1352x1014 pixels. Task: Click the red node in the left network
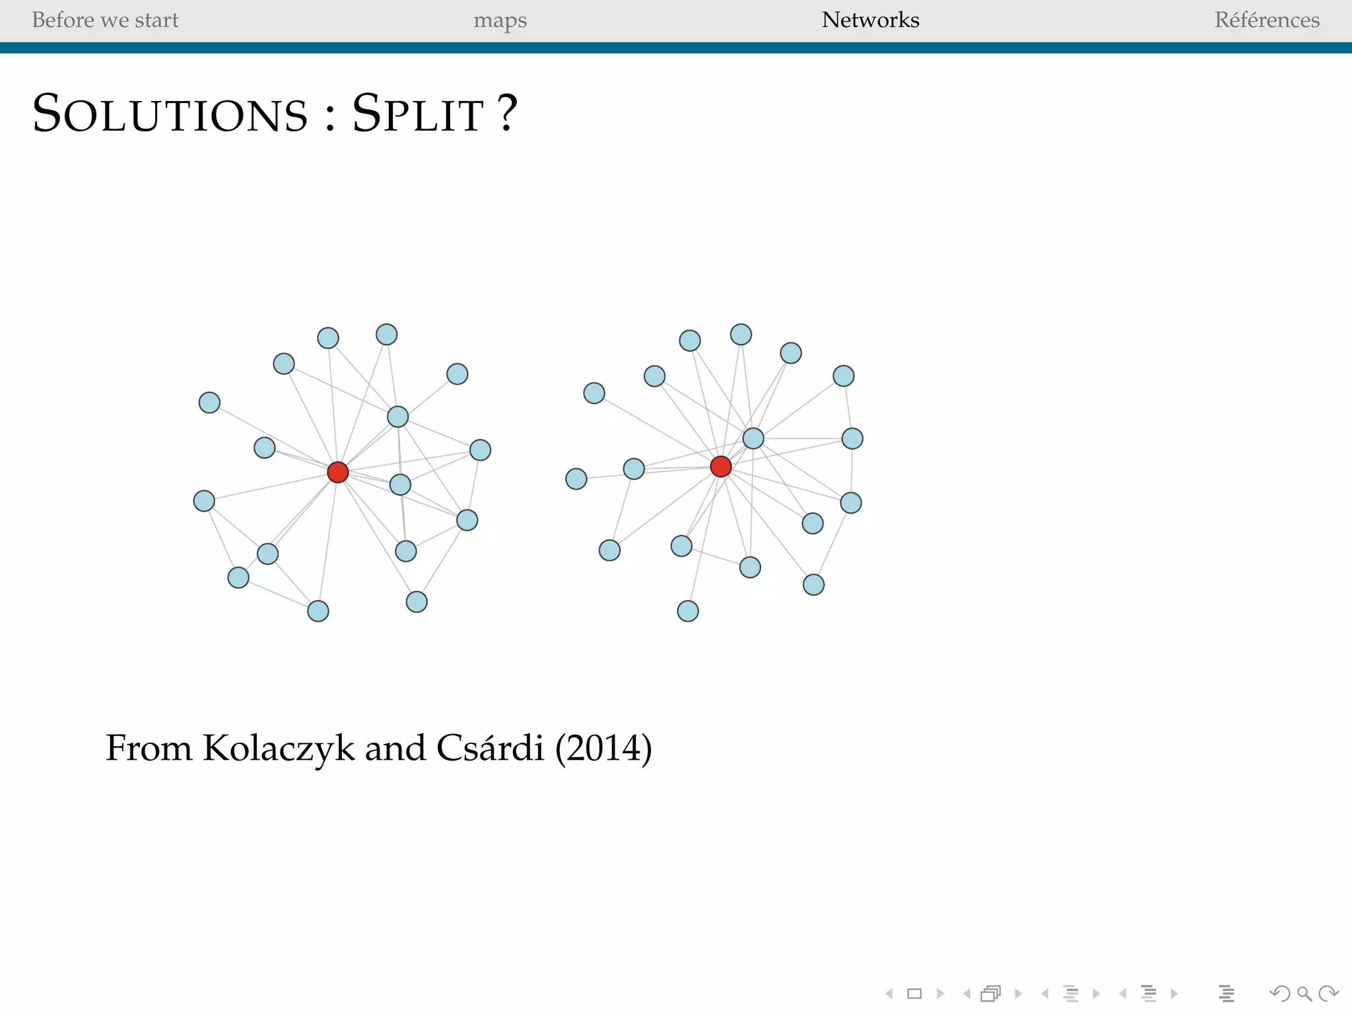click(337, 472)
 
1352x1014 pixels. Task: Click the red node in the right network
click(720, 467)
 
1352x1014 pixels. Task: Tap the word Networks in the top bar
click(870, 20)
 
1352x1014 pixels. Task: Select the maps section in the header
click(500, 20)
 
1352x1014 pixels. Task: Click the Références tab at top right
click(1267, 20)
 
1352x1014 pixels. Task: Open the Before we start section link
click(105, 20)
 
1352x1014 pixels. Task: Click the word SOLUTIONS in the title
click(170, 114)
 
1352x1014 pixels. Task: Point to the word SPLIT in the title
click(418, 114)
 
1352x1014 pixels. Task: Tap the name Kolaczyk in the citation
click(278, 748)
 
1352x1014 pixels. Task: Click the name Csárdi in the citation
click(490, 748)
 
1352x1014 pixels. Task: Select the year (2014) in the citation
click(603, 748)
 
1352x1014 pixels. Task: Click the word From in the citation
click(149, 748)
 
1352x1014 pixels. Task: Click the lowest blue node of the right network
click(688, 611)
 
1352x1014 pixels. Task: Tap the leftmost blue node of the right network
click(576, 479)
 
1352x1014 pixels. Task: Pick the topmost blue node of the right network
click(741, 335)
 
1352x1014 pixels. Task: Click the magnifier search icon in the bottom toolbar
click(1304, 994)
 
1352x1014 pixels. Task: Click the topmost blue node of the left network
click(386, 335)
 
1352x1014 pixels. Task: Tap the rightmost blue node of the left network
click(480, 450)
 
